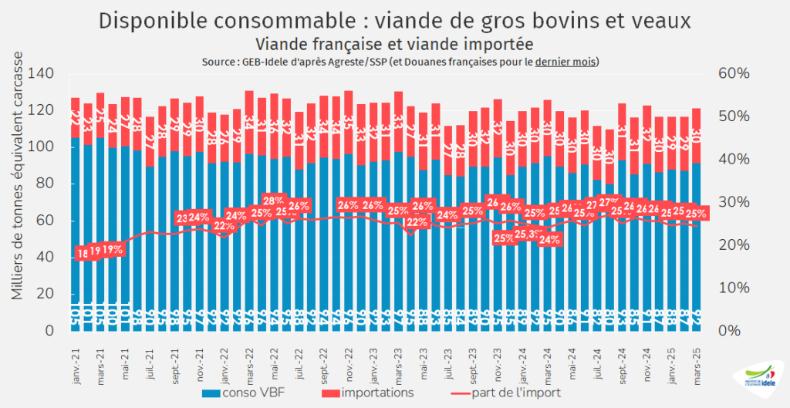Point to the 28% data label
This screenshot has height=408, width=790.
[274, 201]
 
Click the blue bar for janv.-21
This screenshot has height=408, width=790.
[76, 231]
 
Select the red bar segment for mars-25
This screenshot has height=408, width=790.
[697, 136]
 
